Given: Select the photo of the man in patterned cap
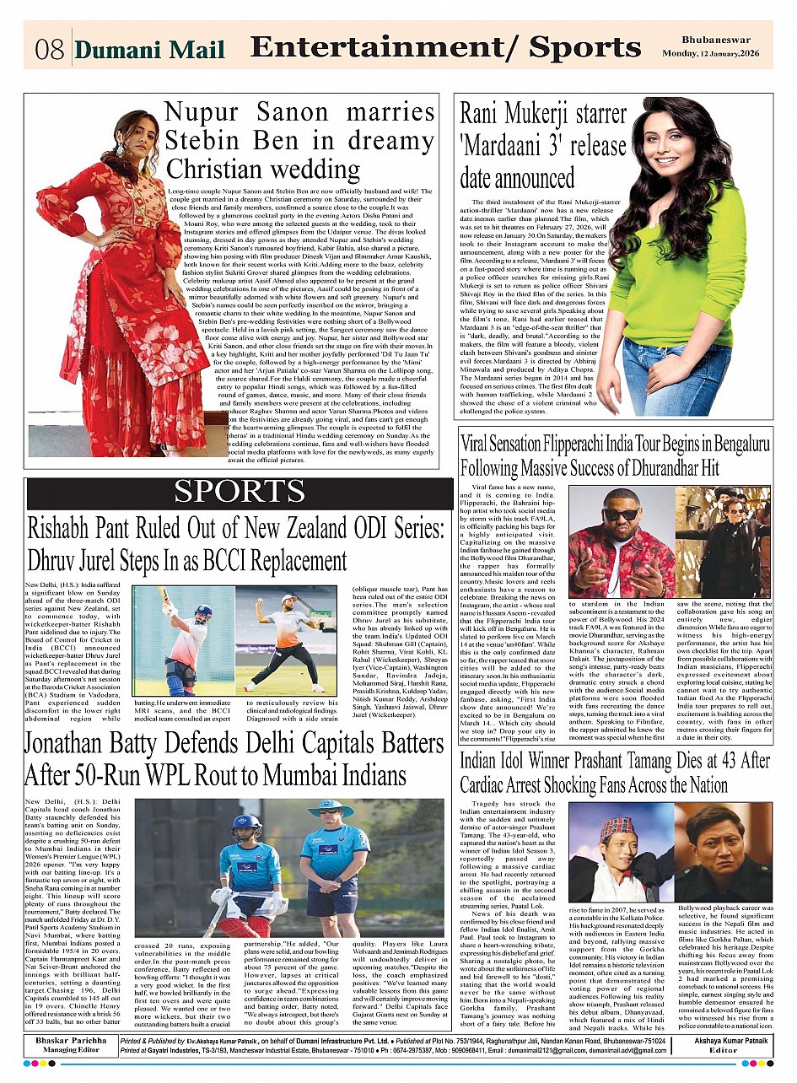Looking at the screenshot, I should pyautogui.click(x=619, y=852).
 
